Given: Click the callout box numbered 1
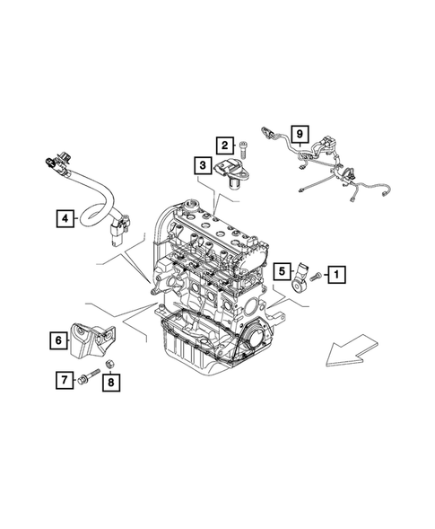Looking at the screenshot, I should (336, 273).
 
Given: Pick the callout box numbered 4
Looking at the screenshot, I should (66, 217).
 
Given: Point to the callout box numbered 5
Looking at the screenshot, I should (282, 271).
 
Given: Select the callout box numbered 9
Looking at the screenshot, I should (299, 136).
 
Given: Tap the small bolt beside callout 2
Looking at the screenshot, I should (243, 146).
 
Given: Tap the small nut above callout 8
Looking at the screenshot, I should (109, 363).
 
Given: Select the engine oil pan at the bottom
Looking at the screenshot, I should (193, 355).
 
